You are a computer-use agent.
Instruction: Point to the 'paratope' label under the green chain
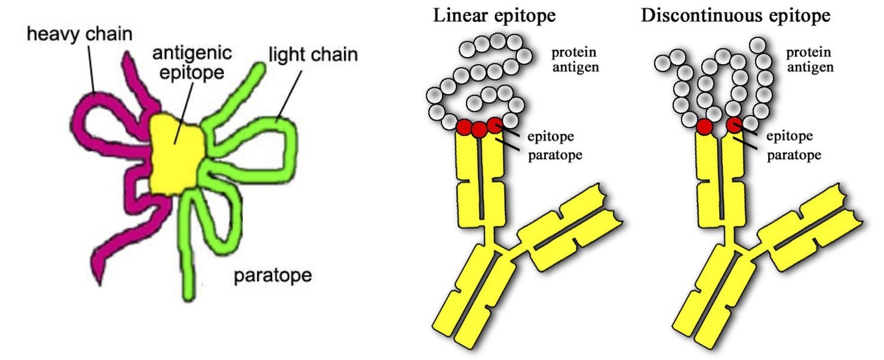coord(272,274)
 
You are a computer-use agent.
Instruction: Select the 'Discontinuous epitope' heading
coord(736,15)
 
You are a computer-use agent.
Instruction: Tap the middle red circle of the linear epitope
coord(479,130)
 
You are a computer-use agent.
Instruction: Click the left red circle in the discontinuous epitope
coord(704,126)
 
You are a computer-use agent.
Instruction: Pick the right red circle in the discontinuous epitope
coord(734,125)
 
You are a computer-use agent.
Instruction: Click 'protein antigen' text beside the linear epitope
coord(575,59)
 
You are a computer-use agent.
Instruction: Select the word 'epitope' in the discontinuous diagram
coord(789,137)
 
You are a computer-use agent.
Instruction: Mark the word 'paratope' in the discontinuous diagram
coord(793,154)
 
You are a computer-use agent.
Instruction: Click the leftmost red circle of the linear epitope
coord(465,125)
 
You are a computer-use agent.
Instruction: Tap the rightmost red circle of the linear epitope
coord(494,125)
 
